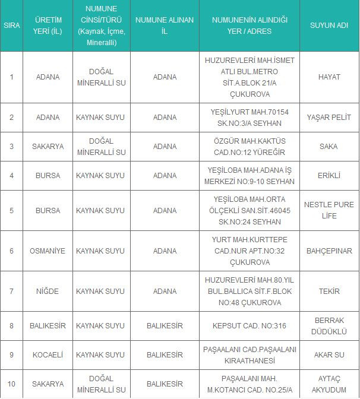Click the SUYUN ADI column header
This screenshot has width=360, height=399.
pos(329,26)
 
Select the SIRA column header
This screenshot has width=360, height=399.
pos(11,26)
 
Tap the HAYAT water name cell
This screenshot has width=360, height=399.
pos(329,77)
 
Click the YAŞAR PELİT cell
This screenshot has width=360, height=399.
pos(329,118)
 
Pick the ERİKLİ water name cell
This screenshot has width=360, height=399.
pos(329,176)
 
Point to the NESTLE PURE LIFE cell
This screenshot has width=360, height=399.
pos(329,210)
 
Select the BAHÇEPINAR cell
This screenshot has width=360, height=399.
pos(329,251)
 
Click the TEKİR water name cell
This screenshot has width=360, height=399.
pos(329,292)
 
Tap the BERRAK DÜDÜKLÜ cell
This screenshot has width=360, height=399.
pos(329,326)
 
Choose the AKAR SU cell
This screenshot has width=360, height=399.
pos(329,355)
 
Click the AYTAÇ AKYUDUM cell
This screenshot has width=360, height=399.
pos(329,384)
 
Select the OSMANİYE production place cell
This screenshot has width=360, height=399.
pos(48,251)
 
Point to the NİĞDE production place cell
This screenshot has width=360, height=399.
pos(48,292)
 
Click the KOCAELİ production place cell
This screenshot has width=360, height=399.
pos(48,355)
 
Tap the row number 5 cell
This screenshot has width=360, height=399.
pos(11,210)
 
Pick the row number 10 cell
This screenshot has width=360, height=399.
pos(11,384)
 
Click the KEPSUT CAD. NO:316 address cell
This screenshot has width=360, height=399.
pos(250,326)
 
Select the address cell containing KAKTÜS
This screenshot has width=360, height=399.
pos(250,147)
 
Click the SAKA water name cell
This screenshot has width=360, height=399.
pos(329,147)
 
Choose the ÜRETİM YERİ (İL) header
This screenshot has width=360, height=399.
pos(48,26)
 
